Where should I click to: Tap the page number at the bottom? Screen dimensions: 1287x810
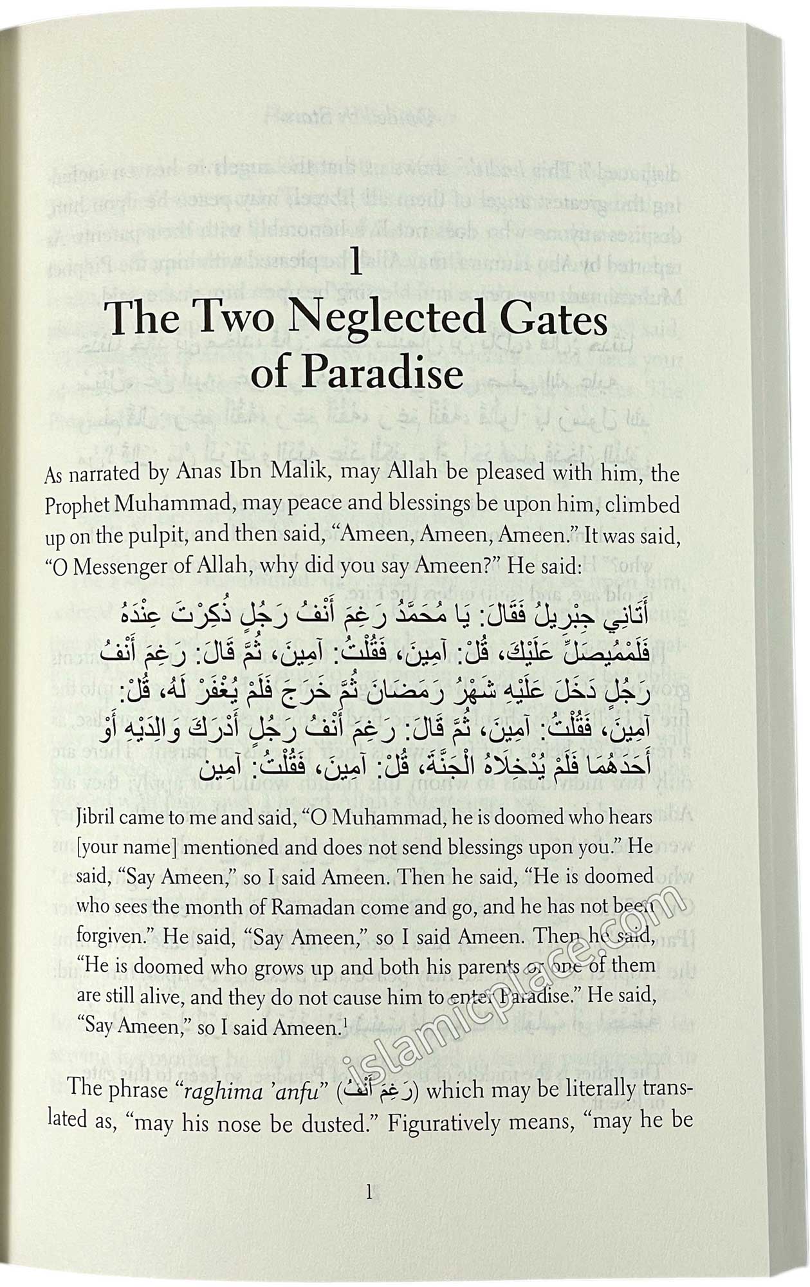[x=369, y=1193]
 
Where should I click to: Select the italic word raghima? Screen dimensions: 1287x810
[x=219, y=1090]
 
